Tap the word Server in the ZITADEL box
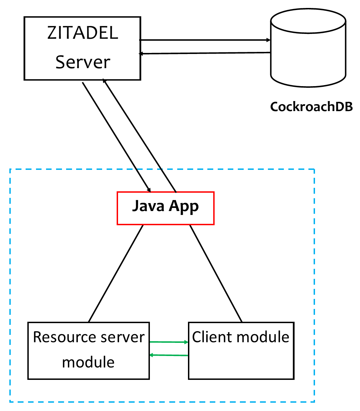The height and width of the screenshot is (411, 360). tap(83, 62)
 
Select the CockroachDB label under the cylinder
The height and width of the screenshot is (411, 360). tap(311, 107)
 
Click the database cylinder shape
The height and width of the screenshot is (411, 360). tap(308, 48)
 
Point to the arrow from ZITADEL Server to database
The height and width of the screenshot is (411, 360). tap(204, 40)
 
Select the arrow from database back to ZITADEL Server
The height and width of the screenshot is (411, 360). tap(204, 53)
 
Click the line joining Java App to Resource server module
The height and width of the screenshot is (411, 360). tap(116, 273)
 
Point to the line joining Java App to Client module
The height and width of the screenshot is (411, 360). tap(215, 273)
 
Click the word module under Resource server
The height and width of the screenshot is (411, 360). tap(88, 362)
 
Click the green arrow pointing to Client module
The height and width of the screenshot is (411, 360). tap(169, 342)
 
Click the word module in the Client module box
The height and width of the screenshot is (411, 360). tap(265, 337)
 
